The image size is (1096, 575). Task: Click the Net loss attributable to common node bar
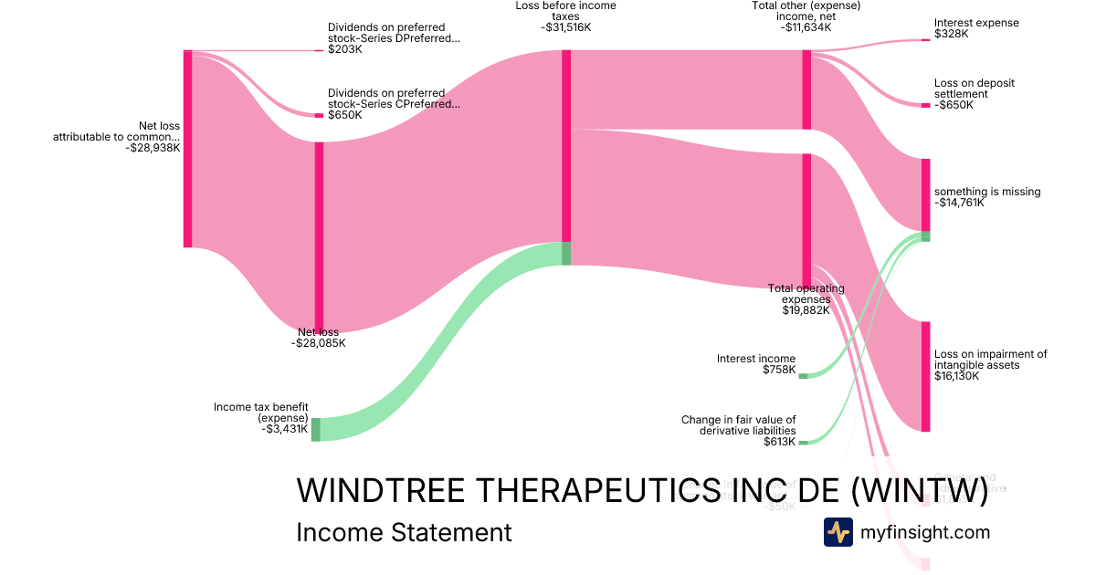pos(188,148)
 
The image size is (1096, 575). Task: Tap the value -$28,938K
pos(153,147)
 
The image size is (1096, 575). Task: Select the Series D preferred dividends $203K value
pos(345,49)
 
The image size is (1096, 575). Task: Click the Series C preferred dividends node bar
pos(319,115)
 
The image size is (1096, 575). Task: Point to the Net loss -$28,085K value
pos(318,343)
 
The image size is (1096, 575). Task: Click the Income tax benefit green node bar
pos(316,429)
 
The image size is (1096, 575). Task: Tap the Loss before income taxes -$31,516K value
pos(565,27)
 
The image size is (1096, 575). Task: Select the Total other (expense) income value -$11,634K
pos(806,27)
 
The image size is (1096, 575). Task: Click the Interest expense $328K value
pos(951,34)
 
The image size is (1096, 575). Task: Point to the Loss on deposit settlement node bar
pos(925,105)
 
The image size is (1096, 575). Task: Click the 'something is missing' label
pos(987,192)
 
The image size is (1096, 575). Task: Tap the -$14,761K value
pos(959,203)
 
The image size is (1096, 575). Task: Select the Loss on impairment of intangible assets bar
pos(925,376)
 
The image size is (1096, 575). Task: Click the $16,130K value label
pos(956,375)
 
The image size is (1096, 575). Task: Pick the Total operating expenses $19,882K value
pos(806,309)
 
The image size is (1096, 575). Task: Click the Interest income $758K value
pos(779,370)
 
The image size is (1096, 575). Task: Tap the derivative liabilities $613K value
pos(779,441)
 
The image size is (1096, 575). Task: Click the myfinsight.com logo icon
pos(838,532)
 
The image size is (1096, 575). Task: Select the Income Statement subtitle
pos(404,532)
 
